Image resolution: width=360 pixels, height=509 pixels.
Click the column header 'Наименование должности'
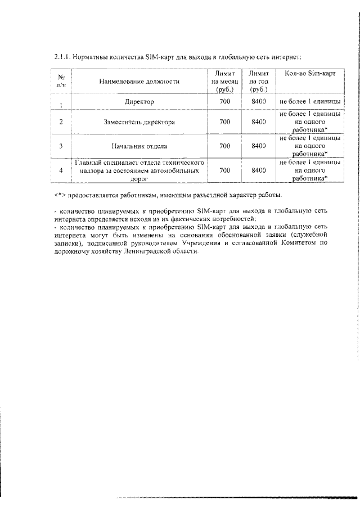click(139, 82)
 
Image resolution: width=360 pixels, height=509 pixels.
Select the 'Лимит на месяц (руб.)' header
click(224, 82)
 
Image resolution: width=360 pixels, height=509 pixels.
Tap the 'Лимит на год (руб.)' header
click(258, 82)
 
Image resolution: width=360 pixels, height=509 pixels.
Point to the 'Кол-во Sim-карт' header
click(310, 74)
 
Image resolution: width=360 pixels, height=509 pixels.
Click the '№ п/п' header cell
click(60, 82)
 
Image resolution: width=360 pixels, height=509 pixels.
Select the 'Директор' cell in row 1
click(139, 101)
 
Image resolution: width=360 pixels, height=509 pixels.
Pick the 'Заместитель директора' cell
click(139, 121)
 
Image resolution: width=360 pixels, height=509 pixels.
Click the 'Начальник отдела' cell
click(139, 146)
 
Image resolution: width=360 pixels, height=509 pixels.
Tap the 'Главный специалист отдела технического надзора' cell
click(139, 170)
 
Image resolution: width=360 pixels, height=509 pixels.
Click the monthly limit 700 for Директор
click(224, 101)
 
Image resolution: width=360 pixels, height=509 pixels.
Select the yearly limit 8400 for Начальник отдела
click(258, 146)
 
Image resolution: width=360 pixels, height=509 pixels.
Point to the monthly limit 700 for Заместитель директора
click(224, 121)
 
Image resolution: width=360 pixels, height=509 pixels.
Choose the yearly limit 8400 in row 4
click(258, 170)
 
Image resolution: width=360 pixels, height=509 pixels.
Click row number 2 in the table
click(60, 121)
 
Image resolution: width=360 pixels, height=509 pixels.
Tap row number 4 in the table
click(60, 170)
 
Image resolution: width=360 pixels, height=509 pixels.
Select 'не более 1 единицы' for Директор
click(310, 101)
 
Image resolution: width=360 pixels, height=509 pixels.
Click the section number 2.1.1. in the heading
click(63, 57)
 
